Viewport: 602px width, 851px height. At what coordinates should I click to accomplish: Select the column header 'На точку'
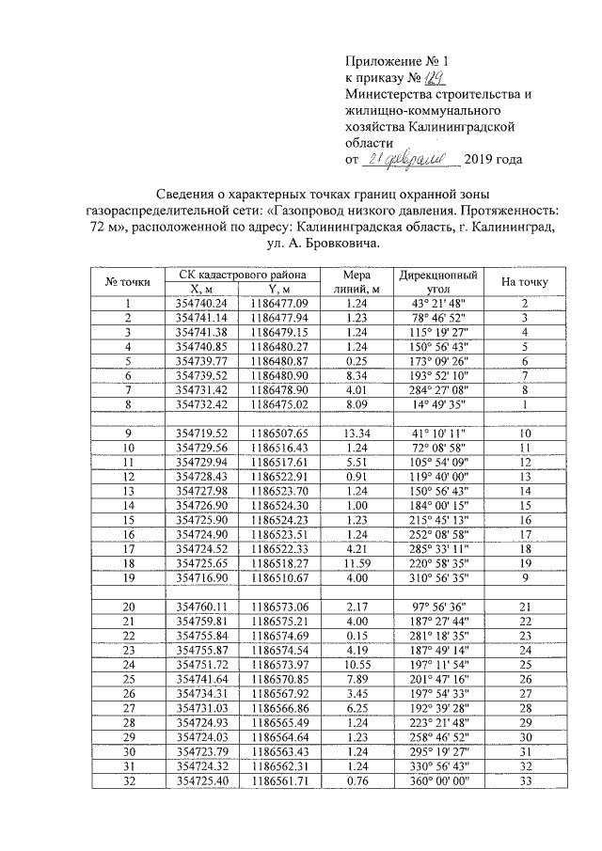(x=525, y=281)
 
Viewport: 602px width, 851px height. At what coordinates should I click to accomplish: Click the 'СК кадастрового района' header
(x=242, y=275)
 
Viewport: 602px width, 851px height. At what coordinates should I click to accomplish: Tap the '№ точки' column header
(x=127, y=281)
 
